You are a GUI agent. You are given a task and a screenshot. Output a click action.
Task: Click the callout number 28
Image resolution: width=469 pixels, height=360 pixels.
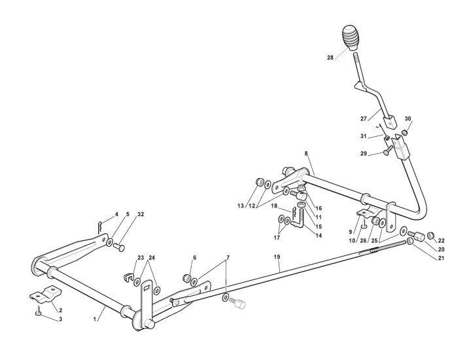[330, 58]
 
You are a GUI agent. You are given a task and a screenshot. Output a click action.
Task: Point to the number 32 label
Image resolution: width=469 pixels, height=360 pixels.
[140, 214]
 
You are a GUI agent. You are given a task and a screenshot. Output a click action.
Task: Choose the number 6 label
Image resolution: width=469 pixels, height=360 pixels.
[194, 257]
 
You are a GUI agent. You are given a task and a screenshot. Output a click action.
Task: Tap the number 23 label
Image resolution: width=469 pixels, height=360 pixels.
[140, 257]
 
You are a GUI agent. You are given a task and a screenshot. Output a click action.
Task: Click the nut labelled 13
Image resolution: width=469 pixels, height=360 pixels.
[258, 181]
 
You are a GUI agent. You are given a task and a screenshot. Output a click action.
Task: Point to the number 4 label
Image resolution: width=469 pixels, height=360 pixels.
[116, 214]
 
